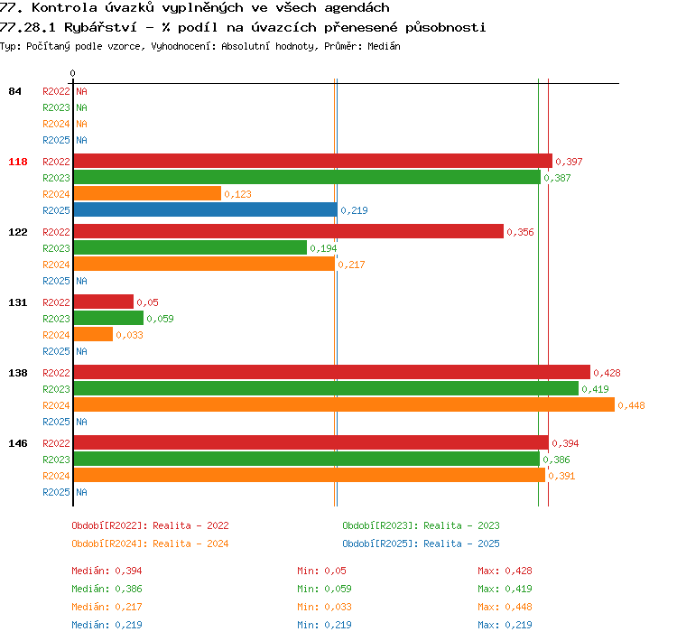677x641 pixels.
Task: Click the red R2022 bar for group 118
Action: tap(313, 161)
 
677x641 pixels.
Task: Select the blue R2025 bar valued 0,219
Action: tap(206, 210)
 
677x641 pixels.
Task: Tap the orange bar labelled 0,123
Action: tap(147, 193)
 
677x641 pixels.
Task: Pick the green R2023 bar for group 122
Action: tap(190, 248)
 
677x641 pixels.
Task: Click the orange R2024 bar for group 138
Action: tap(344, 404)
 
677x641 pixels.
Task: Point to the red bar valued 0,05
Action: tap(104, 302)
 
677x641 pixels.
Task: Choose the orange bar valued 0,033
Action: tap(93, 334)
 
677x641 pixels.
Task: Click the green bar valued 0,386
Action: tap(307, 459)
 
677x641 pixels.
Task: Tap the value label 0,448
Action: tap(631, 405)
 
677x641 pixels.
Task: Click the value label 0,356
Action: tap(520, 232)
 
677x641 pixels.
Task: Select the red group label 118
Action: tap(18, 162)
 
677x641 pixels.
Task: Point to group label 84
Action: tap(14, 91)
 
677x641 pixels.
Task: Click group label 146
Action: tap(18, 443)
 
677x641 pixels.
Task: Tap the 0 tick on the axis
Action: tap(72, 73)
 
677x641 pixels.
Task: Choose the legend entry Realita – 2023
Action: tap(461, 525)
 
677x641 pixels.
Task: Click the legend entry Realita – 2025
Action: tap(461, 543)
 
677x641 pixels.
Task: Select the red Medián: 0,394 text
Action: tap(107, 571)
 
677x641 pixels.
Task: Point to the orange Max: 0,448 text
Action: tap(505, 607)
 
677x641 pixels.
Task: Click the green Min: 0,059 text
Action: tap(324, 589)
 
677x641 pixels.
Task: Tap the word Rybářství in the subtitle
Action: tap(100, 28)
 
